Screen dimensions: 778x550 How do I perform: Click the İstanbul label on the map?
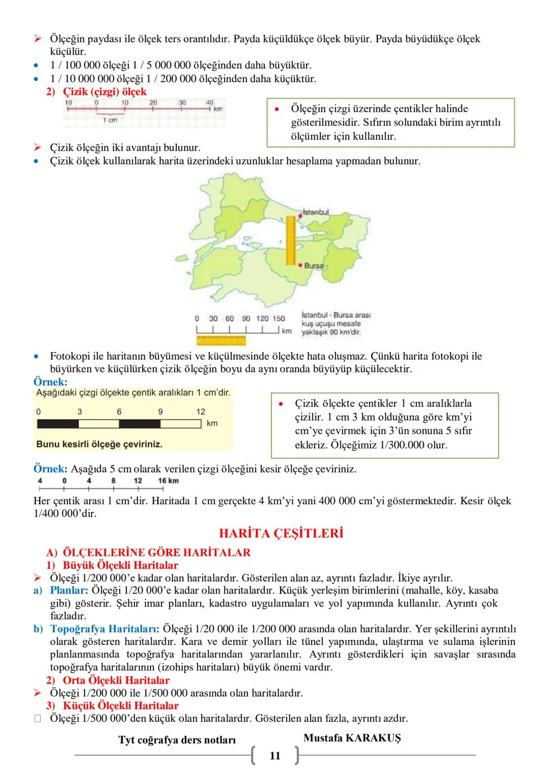click(316, 212)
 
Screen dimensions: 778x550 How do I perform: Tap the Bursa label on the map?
click(314, 266)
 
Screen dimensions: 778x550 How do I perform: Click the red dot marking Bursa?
click(300, 265)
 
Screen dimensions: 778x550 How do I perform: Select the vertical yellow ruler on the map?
click(291, 240)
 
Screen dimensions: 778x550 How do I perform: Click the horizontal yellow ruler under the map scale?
click(221, 338)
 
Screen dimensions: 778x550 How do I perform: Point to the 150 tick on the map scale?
click(279, 319)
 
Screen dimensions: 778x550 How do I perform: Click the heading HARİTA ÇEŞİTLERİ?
click(281, 533)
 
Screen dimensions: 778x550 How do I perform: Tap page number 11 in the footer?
click(275, 756)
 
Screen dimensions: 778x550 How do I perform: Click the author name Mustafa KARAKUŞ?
click(352, 738)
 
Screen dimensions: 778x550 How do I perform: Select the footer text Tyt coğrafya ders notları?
click(177, 740)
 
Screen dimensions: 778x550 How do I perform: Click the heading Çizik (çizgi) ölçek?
click(104, 92)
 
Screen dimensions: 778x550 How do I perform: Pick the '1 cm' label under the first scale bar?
click(110, 120)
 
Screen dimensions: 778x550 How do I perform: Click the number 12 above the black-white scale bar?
click(201, 411)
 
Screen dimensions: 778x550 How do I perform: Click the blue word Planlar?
click(69, 590)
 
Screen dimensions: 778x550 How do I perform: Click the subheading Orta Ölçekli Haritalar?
click(116, 680)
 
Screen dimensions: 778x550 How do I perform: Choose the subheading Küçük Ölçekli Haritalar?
click(121, 706)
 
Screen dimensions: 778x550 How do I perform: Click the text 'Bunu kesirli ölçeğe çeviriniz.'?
click(99, 444)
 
